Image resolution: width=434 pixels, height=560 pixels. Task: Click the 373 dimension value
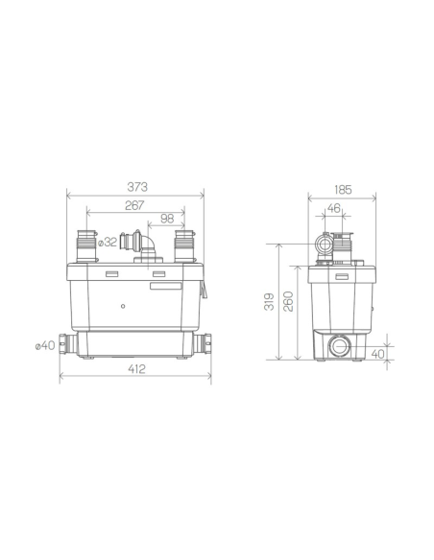pyautogui.click(x=137, y=187)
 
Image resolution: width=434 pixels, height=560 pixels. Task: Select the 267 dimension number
pyautogui.click(x=134, y=205)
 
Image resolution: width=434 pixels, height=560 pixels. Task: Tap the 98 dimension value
pyautogui.click(x=167, y=219)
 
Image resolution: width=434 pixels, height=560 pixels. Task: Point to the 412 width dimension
pyautogui.click(x=136, y=368)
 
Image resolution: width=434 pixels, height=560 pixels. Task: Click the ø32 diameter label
pyautogui.click(x=108, y=243)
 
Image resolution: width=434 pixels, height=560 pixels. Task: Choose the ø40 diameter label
pyautogui.click(x=45, y=346)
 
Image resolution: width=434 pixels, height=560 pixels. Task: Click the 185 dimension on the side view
pyautogui.click(x=343, y=190)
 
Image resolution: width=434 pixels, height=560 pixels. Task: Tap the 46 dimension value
pyautogui.click(x=333, y=208)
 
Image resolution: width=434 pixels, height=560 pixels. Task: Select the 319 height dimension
pyautogui.click(x=269, y=301)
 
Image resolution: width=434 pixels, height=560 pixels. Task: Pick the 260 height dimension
pyautogui.click(x=288, y=301)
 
